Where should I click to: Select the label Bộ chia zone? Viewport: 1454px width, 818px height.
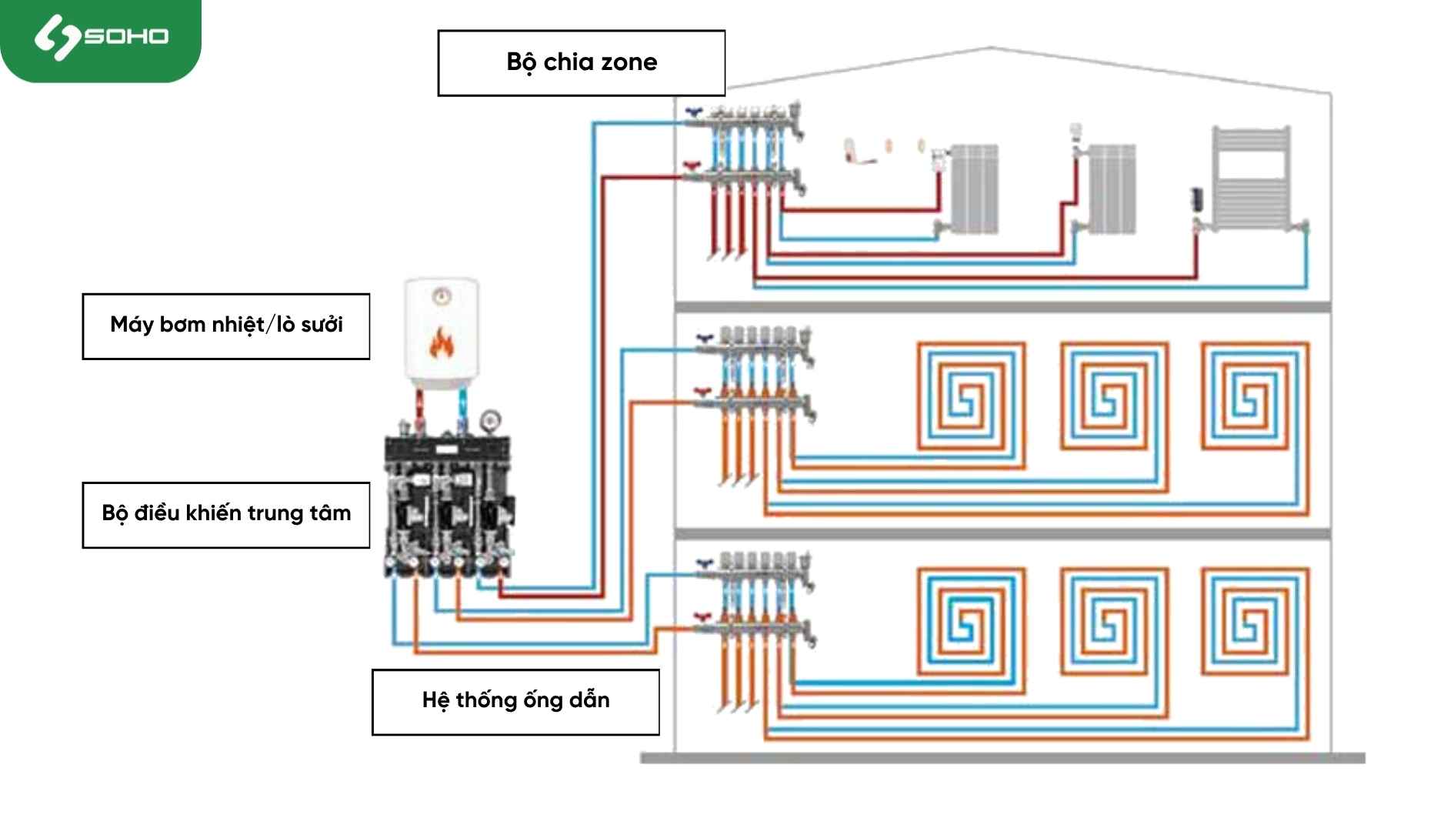tap(582, 63)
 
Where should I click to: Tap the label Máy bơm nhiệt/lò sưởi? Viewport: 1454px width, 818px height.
tap(226, 326)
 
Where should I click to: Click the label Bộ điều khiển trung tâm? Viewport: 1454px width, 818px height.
tap(226, 515)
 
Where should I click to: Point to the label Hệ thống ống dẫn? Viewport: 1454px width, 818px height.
tap(515, 702)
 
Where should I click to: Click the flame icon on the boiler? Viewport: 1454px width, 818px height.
tap(442, 343)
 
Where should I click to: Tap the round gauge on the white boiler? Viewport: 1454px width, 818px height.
tap(442, 295)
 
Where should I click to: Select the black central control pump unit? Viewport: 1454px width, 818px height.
tap(449, 504)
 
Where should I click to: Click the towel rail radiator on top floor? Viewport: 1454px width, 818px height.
tap(1251, 178)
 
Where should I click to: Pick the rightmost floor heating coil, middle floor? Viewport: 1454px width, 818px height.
tap(1255, 396)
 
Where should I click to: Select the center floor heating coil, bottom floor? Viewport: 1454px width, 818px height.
tap(1114, 622)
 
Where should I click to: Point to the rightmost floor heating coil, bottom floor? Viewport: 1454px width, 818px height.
tap(1255, 622)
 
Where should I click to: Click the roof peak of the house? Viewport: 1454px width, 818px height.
tap(991, 48)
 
